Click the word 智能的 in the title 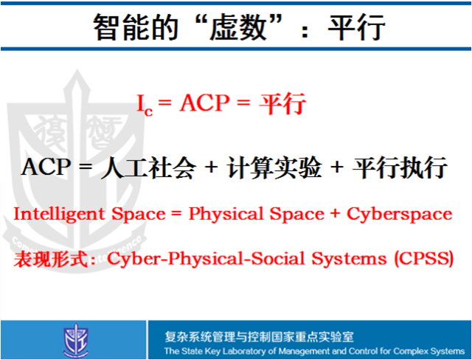[x=135, y=27]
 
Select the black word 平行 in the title [x=356, y=27]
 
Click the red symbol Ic [x=145, y=104]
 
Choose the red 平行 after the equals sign [x=282, y=103]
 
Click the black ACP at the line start [x=46, y=167]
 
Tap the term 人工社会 [x=148, y=167]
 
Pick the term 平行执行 [x=399, y=167]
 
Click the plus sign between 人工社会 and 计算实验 [x=212, y=167]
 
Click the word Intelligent [x=59, y=215]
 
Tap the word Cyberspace [x=400, y=215]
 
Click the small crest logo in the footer [x=76, y=339]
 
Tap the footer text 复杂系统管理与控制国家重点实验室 [x=259, y=336]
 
